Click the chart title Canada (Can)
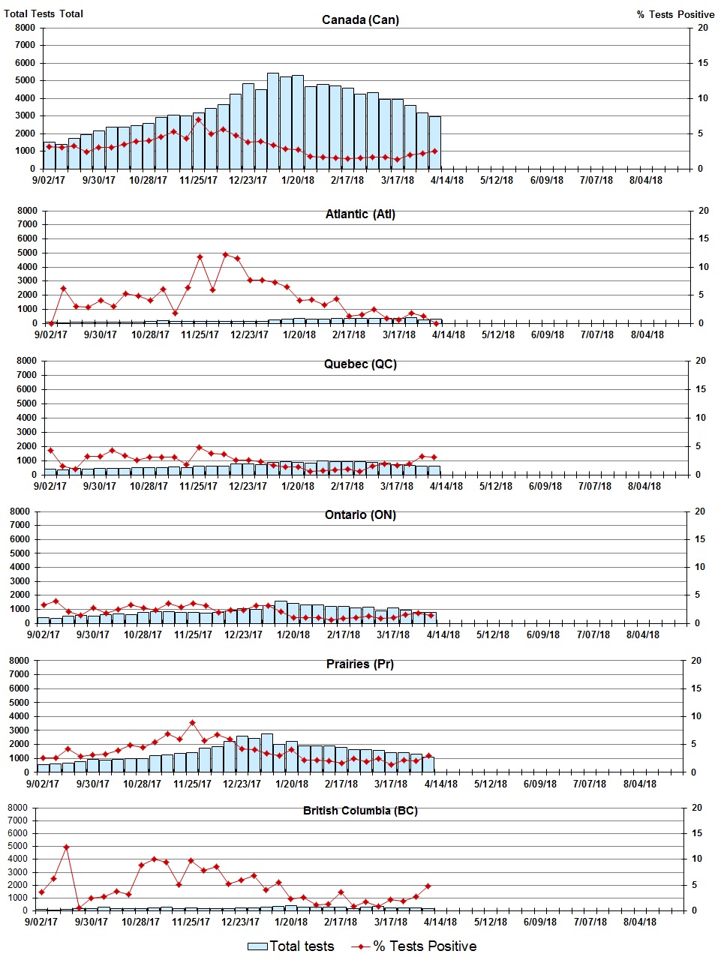tap(360, 19)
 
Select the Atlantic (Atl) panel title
tap(360, 214)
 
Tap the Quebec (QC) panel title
tap(360, 364)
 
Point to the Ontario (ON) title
tap(360, 515)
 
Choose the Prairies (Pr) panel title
tap(360, 664)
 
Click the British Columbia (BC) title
tap(360, 811)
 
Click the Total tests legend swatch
tap(257, 946)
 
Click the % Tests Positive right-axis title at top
tap(675, 14)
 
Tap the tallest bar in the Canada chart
tap(273, 120)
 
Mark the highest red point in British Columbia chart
tap(66, 847)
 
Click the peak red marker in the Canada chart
tap(199, 120)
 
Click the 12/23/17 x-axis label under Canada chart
tap(248, 180)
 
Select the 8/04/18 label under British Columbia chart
tap(639, 922)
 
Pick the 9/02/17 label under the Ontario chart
tap(44, 634)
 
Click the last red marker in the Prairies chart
tap(428, 756)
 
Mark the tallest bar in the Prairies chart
tap(267, 752)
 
